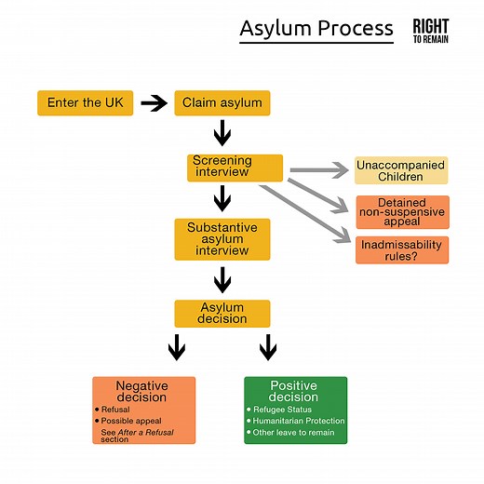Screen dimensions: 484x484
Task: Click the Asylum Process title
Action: [x=316, y=29]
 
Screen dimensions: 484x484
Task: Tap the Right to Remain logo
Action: [x=430, y=32]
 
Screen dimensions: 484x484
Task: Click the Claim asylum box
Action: [x=222, y=102]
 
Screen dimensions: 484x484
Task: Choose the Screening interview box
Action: [x=235, y=168]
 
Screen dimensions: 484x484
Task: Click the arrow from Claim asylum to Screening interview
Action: [x=222, y=135]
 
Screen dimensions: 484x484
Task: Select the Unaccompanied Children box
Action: [x=401, y=170]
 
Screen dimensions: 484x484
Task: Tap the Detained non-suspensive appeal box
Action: [x=401, y=211]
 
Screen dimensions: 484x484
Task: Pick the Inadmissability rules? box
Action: [x=401, y=249]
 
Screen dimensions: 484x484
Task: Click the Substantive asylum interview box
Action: [x=222, y=239]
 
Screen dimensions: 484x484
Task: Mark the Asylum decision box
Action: [x=222, y=313]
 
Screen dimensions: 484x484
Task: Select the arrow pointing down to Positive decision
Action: [x=268, y=349]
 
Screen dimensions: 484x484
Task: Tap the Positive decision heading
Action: [x=293, y=391]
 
